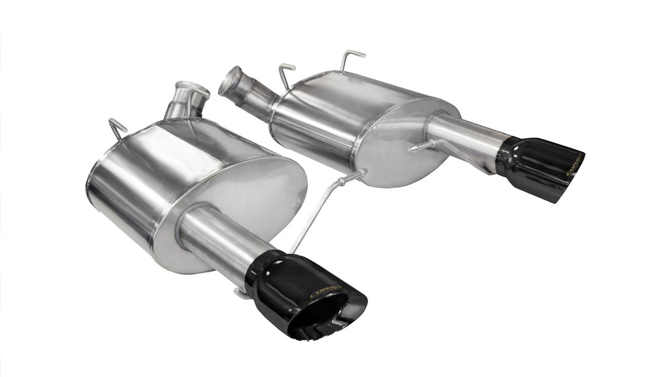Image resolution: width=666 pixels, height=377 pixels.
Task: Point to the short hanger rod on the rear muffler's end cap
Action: click(423, 146)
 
